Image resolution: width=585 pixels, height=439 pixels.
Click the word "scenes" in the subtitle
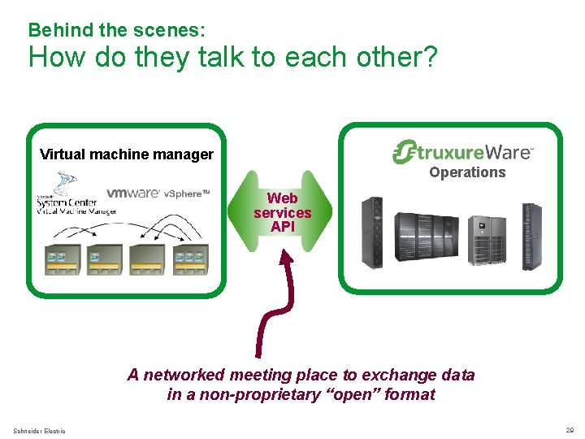[168, 30]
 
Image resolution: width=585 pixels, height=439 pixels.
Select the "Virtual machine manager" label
[127, 154]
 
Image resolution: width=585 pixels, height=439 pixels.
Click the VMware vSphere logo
[158, 193]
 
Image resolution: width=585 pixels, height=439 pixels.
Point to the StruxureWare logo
[462, 152]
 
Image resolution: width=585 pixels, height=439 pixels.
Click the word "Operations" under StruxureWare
[467, 172]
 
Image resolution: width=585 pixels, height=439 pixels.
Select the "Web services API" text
[282, 212]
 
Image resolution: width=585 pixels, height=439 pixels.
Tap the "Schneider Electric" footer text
[40, 430]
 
